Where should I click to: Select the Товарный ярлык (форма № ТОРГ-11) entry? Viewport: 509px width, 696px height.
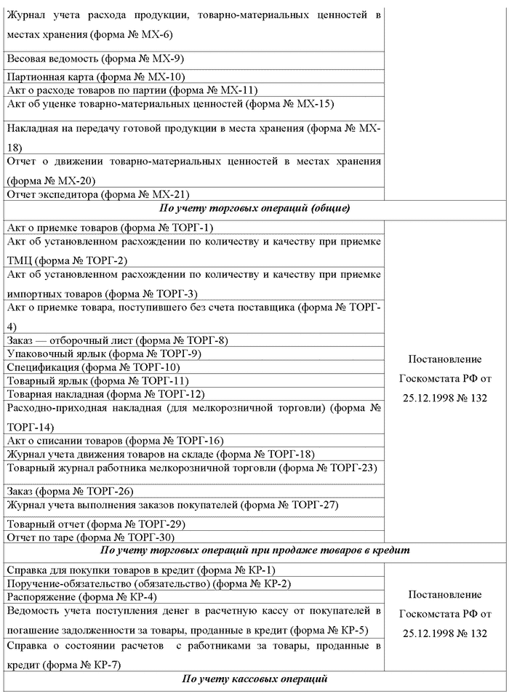point(97,380)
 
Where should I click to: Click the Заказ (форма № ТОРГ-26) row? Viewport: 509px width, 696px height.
point(70,491)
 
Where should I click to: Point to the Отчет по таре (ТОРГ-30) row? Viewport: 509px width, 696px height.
point(90,537)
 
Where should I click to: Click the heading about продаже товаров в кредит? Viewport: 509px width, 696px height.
point(254,551)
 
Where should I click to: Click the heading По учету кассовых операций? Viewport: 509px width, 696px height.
point(254,679)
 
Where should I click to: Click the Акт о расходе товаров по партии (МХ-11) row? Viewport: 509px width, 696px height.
point(132,90)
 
